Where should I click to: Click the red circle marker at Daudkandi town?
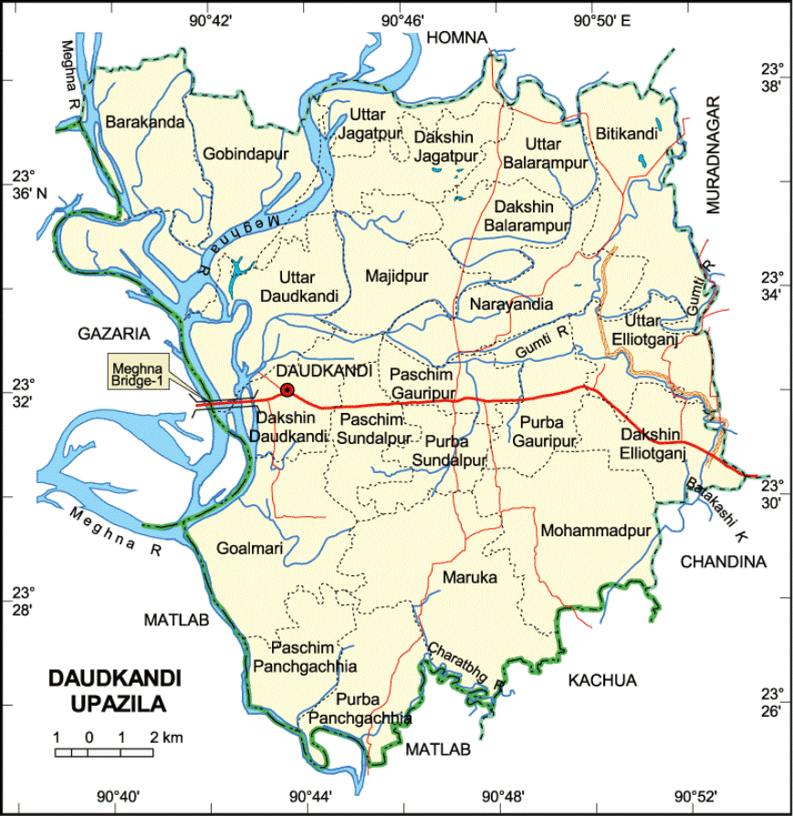(287, 390)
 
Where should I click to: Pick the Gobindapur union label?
(240, 153)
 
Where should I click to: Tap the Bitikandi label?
(627, 134)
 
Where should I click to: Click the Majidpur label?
(395, 274)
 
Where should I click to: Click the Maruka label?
(469, 578)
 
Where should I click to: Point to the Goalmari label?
(250, 548)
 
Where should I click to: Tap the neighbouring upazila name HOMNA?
(458, 36)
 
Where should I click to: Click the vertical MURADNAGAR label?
(714, 155)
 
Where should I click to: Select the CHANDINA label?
(723, 563)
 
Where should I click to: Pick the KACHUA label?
(602, 680)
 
